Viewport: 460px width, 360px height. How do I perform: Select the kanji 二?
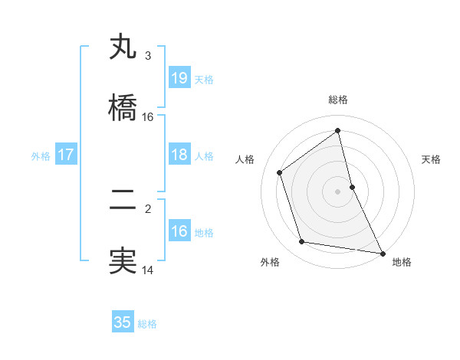pyautogui.click(x=123, y=200)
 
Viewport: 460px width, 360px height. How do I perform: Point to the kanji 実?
pyautogui.click(x=123, y=261)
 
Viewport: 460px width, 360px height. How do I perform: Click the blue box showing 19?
pyautogui.click(x=179, y=78)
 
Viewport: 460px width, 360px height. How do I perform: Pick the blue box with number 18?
pyautogui.click(x=179, y=155)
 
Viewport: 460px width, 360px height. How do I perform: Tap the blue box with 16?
pyautogui.click(x=179, y=231)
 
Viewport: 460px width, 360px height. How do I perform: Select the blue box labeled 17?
pyautogui.click(x=66, y=155)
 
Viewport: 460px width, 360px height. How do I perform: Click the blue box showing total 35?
pyautogui.click(x=123, y=322)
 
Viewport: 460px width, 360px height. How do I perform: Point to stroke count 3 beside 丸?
pyautogui.click(x=147, y=55)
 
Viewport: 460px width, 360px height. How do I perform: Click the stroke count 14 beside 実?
pyautogui.click(x=148, y=270)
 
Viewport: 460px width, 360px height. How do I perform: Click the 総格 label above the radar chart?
pyautogui.click(x=338, y=100)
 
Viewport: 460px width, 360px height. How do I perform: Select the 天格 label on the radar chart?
pyautogui.click(x=431, y=159)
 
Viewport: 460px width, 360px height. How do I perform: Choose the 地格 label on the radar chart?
pyautogui.click(x=402, y=263)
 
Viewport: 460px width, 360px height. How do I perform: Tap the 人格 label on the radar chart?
pyautogui.click(x=245, y=159)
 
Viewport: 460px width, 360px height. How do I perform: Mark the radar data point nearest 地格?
pyautogui.click(x=381, y=253)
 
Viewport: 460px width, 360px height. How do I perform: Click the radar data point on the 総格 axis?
pyautogui.click(x=338, y=130)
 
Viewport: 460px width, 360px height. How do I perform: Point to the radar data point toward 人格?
pyautogui.click(x=280, y=172)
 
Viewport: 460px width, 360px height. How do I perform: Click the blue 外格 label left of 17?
pyautogui.click(x=41, y=155)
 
